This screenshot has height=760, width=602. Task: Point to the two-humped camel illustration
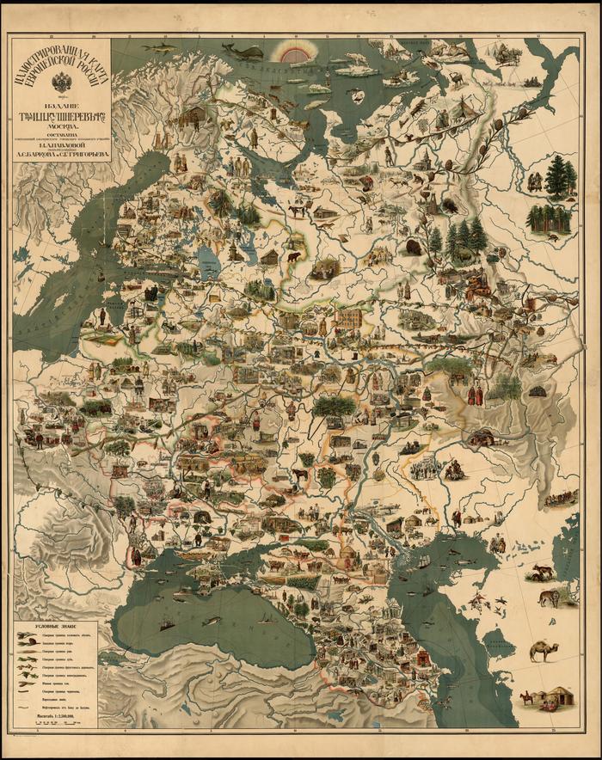(x=543, y=651)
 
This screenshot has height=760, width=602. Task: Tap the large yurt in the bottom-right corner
(x=560, y=696)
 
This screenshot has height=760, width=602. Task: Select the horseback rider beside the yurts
(x=525, y=697)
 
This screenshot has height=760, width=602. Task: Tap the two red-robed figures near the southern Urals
(x=474, y=395)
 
